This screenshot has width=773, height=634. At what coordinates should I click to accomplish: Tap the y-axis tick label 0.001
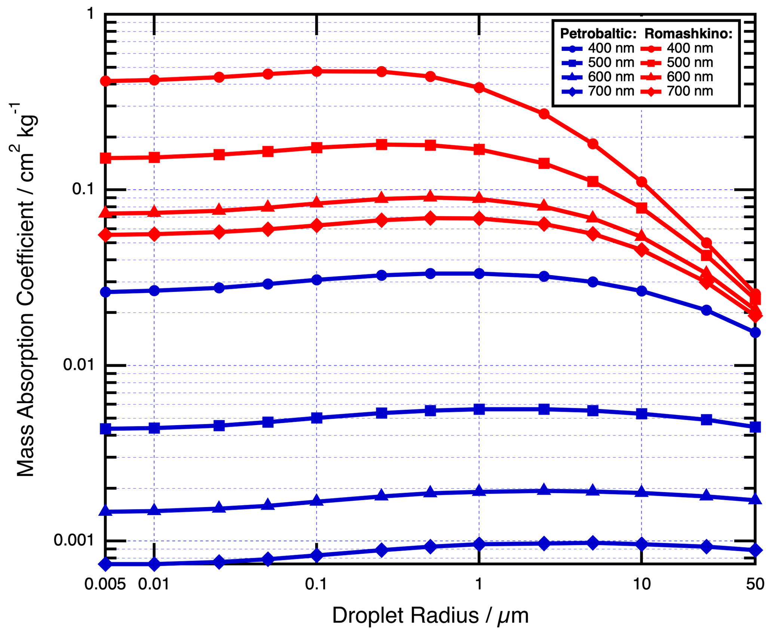pos(74,540)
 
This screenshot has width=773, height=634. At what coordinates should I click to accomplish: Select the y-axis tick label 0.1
pos(83,189)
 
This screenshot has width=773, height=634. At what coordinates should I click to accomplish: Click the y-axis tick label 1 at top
pos(90,14)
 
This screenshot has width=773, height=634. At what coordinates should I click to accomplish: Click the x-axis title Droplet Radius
pos(430,616)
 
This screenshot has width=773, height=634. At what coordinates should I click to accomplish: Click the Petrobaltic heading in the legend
pos(598,34)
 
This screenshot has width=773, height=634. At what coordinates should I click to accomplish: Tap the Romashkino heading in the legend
pos(688,34)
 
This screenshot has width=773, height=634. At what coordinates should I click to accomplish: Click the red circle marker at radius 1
pos(479,88)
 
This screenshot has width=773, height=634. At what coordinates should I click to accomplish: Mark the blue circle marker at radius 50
pos(755,332)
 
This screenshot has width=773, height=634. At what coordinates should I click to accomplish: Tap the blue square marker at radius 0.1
pos(317,418)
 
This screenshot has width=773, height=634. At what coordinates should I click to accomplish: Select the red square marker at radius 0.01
pos(154,157)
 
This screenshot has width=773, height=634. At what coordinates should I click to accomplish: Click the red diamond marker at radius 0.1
pos(317,226)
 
